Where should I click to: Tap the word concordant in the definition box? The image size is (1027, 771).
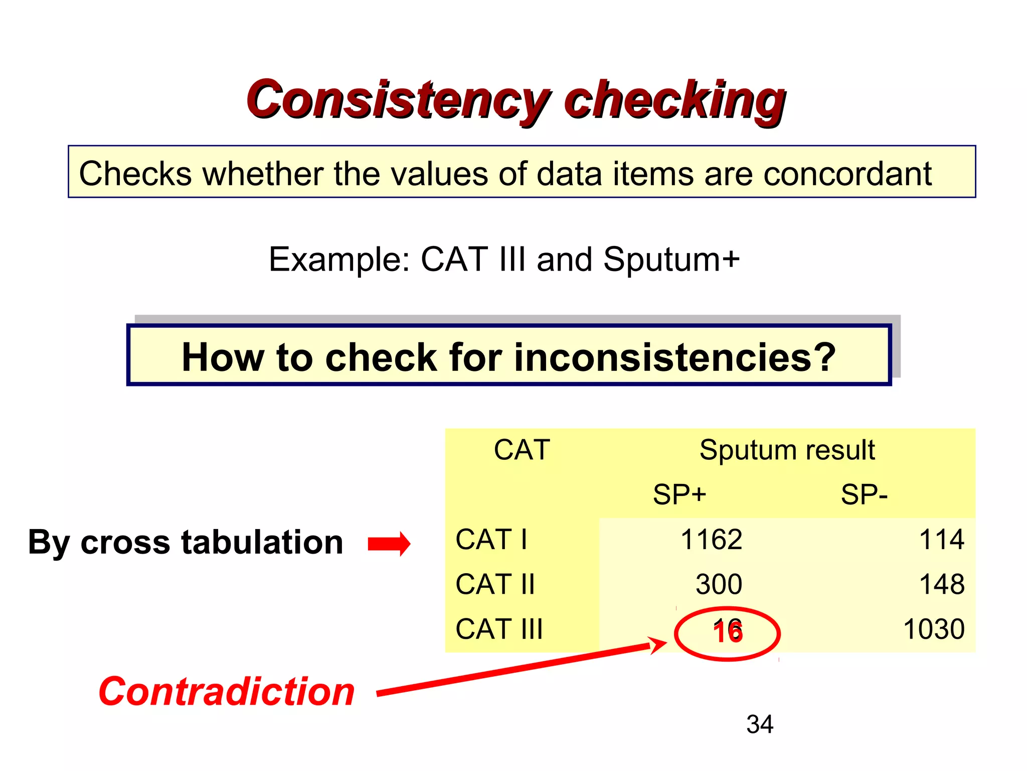coord(847,174)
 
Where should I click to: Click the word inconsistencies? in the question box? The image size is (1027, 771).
coord(674,357)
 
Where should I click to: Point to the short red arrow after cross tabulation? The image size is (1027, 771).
coord(389,544)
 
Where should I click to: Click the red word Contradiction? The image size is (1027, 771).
coord(227,692)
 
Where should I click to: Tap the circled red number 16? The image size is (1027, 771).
coord(728,632)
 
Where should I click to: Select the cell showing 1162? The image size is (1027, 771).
coord(711,540)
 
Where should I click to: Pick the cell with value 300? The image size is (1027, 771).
coord(719,585)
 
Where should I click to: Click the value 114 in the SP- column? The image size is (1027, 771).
coord(941,540)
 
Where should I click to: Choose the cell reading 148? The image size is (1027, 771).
coord(941,585)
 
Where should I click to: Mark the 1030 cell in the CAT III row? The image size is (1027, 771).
coord(934,629)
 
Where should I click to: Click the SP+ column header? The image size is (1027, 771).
coord(679,495)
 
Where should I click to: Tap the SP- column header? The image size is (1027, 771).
coord(864,495)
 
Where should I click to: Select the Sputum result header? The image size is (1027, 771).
coord(787,450)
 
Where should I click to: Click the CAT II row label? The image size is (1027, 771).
coord(495,585)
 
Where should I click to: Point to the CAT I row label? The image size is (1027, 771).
coord(491,540)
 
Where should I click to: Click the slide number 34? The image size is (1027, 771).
coord(760,724)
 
